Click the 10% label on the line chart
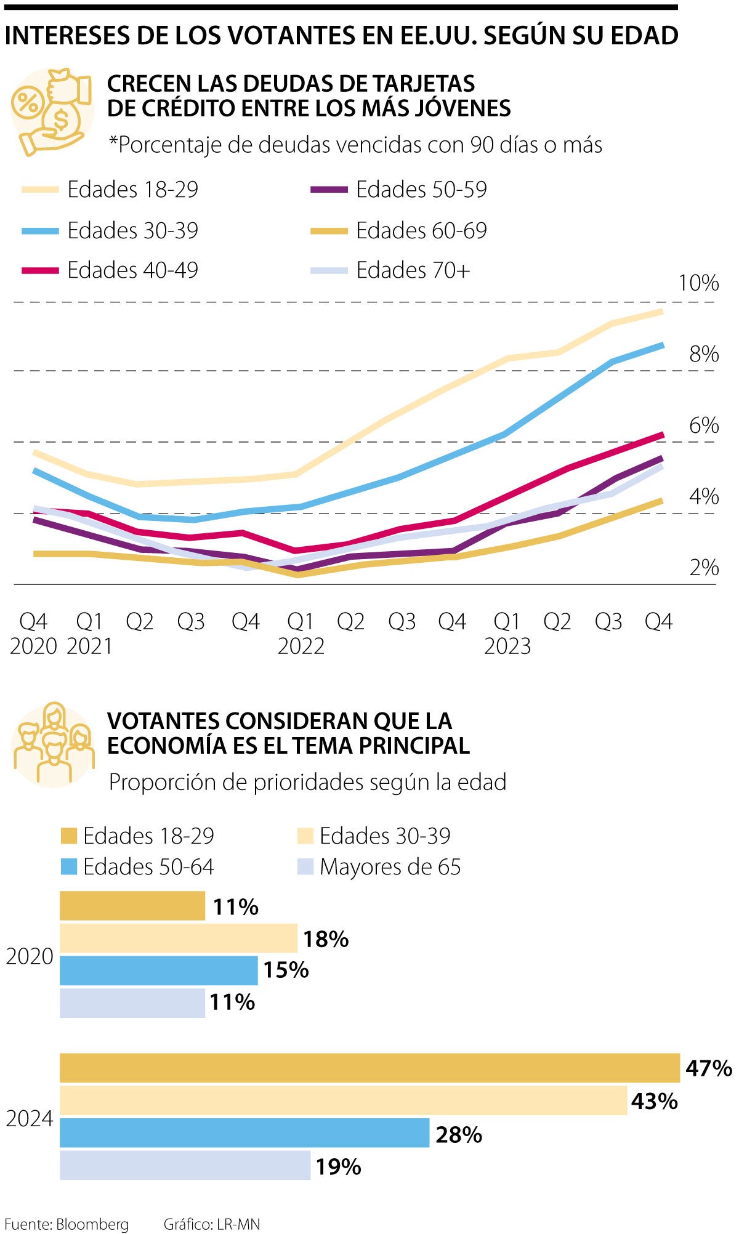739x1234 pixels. pos(698,283)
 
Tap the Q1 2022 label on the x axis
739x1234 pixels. pos(301,634)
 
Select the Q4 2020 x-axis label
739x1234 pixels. pos(33,634)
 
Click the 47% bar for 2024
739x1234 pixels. pos(369,1068)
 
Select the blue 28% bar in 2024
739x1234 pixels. pos(244,1133)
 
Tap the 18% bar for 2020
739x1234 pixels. pos(179,938)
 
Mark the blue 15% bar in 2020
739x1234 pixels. pos(158,970)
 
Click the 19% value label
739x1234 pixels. pos(338,1166)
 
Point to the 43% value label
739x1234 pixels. pos(654,1101)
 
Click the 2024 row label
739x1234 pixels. pos(30,1118)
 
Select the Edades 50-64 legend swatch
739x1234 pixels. pos(69,867)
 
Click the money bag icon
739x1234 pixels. pos(52,111)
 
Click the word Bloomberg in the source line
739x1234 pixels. pos(92,1224)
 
